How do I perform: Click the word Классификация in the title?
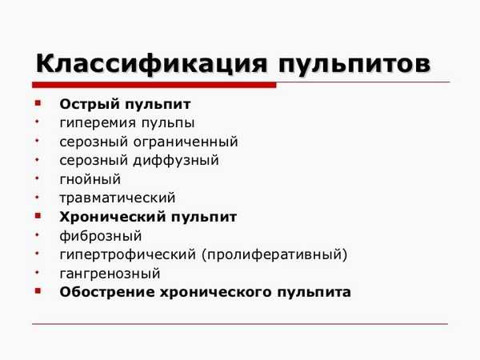click(151, 64)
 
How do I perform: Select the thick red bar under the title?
click(154, 85)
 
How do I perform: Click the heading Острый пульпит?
click(125, 105)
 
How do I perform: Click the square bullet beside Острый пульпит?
click(38, 103)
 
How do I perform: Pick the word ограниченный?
click(186, 142)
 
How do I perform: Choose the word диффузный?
click(176, 161)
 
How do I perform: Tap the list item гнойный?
click(90, 180)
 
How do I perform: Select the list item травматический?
click(118, 198)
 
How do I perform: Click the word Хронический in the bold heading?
click(113, 218)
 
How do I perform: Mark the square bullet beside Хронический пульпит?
click(38, 216)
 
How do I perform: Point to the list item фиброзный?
click(101, 236)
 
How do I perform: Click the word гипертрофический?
click(128, 254)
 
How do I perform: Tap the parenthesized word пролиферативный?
click(274, 254)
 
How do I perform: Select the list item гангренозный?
click(110, 274)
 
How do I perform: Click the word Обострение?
click(107, 292)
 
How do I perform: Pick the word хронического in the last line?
click(216, 293)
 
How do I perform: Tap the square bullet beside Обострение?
click(38, 290)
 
